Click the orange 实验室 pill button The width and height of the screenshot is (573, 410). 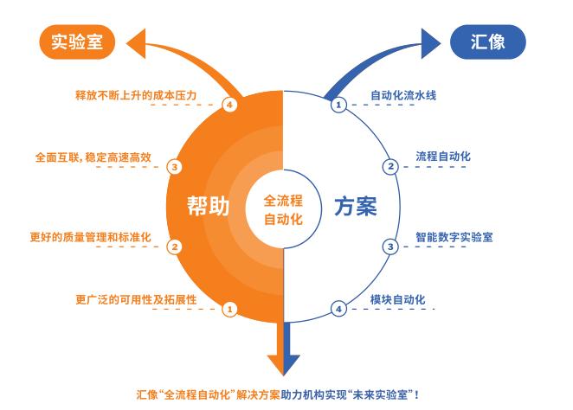pyautogui.click(x=77, y=42)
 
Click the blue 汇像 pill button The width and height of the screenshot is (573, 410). pyautogui.click(x=488, y=42)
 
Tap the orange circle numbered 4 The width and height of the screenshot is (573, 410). pyautogui.click(x=229, y=106)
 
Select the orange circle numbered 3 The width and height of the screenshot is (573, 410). pyautogui.click(x=175, y=167)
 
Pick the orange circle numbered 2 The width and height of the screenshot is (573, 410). pyautogui.click(x=175, y=247)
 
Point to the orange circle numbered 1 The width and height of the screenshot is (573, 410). pyautogui.click(x=229, y=310)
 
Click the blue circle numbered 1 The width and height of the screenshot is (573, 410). pyautogui.click(x=338, y=106)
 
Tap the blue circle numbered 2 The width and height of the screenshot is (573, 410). pyautogui.click(x=390, y=167)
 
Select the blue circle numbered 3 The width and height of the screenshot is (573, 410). pyautogui.click(x=390, y=247)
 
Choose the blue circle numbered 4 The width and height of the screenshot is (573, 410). pyautogui.click(x=338, y=310)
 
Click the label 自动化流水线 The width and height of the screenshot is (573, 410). pyautogui.click(x=403, y=96)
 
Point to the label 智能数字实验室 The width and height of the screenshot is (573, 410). pyautogui.click(x=454, y=237)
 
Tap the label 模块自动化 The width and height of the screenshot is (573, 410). pyautogui.click(x=398, y=300)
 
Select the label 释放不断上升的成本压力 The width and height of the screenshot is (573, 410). pyautogui.click(x=136, y=96)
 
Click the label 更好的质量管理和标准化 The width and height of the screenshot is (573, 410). pyautogui.click(x=91, y=237)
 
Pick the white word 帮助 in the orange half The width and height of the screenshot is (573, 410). pyautogui.click(x=209, y=206)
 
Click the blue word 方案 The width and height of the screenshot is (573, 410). pyautogui.click(x=356, y=206)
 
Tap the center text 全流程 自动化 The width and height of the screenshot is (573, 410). pyautogui.click(x=283, y=210)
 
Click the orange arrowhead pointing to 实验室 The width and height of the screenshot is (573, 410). pyautogui.click(x=136, y=43)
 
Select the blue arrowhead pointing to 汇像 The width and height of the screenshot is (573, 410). pyautogui.click(x=431, y=43)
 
